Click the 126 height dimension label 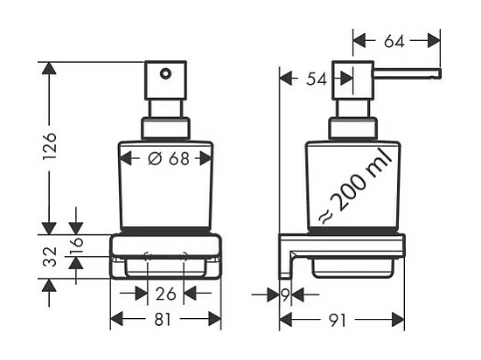49,147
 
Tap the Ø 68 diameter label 169,159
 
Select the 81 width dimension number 163,320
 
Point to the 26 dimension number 166,294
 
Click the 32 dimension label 49,257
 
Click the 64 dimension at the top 394,41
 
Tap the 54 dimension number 317,80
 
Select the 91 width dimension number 337,320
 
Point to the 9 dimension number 285,294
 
